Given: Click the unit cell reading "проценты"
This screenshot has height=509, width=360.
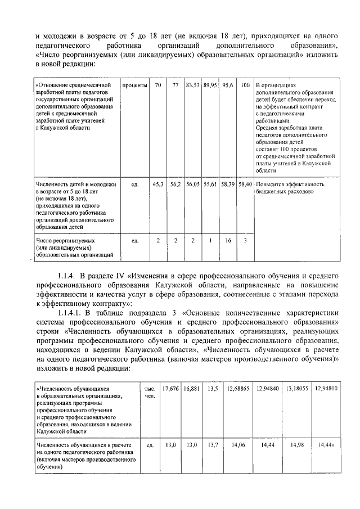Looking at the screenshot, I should (134, 85).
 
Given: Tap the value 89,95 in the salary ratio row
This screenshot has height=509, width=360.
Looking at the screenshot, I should (210, 85).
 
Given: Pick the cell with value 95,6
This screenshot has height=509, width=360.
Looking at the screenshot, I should (227, 85).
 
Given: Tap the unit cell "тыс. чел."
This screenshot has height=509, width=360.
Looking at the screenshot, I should (150, 391).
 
